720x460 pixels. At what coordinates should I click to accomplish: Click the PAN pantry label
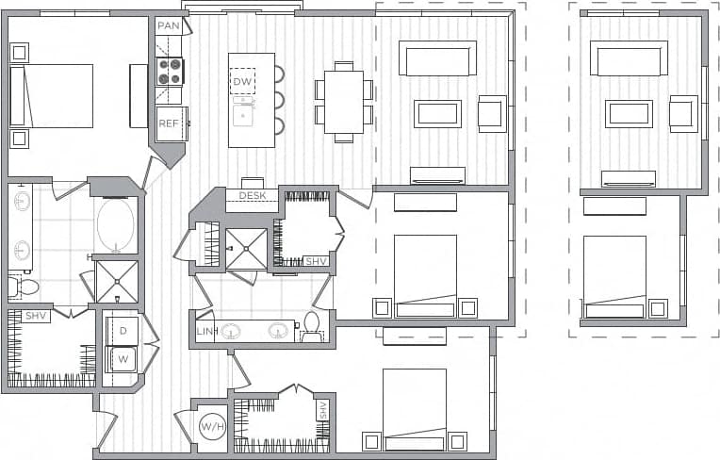[x=168, y=25]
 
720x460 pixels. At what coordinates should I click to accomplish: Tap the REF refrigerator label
[x=168, y=123]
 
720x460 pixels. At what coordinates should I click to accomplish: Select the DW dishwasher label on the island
[x=242, y=82]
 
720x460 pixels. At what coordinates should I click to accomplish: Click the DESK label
[x=252, y=196]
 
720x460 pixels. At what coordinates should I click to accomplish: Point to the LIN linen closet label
[x=206, y=333]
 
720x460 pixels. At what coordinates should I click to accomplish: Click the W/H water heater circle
[x=212, y=427]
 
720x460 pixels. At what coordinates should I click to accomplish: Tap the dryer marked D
[x=123, y=330]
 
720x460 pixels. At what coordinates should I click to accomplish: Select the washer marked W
[x=123, y=358]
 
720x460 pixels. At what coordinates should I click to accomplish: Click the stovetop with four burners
[x=170, y=72]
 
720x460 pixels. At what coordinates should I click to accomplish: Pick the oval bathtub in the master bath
[x=115, y=226]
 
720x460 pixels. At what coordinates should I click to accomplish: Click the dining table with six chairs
[x=343, y=101]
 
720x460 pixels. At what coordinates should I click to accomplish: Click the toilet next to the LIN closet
[x=311, y=326]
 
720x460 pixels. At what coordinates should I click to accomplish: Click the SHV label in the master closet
[x=37, y=316]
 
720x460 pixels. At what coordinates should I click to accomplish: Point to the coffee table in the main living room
[x=437, y=113]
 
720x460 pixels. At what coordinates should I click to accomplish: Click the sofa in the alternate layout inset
[x=632, y=59]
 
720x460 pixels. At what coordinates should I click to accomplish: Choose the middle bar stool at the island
[x=279, y=100]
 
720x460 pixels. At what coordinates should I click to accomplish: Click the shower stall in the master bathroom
[x=117, y=281]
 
